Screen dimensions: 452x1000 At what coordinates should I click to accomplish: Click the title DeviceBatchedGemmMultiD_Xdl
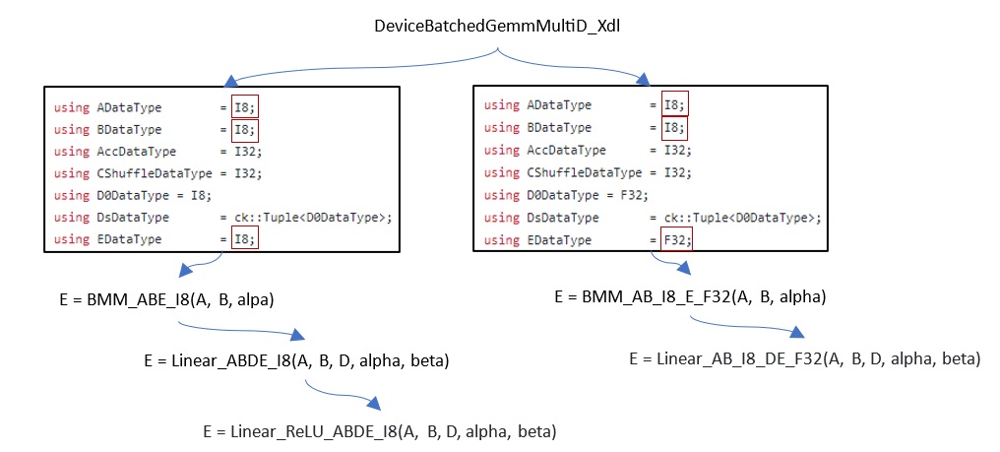(496, 26)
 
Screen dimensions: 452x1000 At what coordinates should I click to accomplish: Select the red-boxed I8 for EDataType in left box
(245, 238)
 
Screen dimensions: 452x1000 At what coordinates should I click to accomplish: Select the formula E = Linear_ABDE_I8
(296, 361)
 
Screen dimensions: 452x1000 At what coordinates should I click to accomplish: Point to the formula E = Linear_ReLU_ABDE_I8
(380, 431)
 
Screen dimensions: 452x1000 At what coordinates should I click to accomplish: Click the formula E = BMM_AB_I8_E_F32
(689, 296)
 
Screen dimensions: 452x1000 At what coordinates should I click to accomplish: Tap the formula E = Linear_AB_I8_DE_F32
(805, 357)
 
